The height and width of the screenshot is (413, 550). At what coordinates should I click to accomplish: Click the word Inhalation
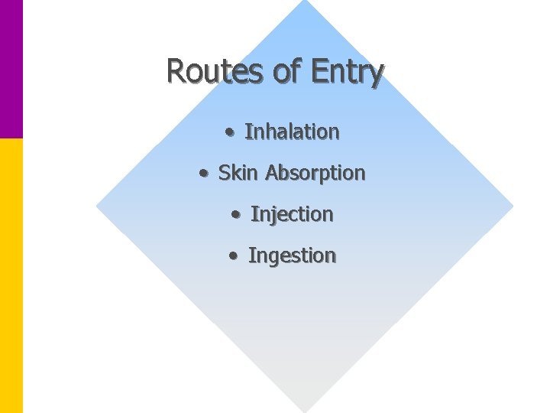[292, 132]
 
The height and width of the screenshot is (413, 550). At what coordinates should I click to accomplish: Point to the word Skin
[238, 173]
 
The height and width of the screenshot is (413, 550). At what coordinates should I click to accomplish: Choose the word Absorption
[315, 174]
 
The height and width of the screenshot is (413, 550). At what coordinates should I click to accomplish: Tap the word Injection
[292, 215]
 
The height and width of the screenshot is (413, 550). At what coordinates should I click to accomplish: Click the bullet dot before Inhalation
[230, 132]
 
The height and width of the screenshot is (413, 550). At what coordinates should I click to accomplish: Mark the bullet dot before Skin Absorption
[203, 174]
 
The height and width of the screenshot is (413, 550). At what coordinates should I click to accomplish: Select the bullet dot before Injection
[236, 215]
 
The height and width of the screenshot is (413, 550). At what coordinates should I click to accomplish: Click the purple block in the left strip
[11, 69]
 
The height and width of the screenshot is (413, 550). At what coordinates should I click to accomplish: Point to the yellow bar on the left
[11, 275]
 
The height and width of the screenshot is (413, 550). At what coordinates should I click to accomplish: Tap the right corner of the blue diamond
[510, 206]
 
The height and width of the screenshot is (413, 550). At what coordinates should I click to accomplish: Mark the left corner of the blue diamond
[99, 206]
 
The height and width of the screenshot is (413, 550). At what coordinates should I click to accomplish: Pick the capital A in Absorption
[272, 173]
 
